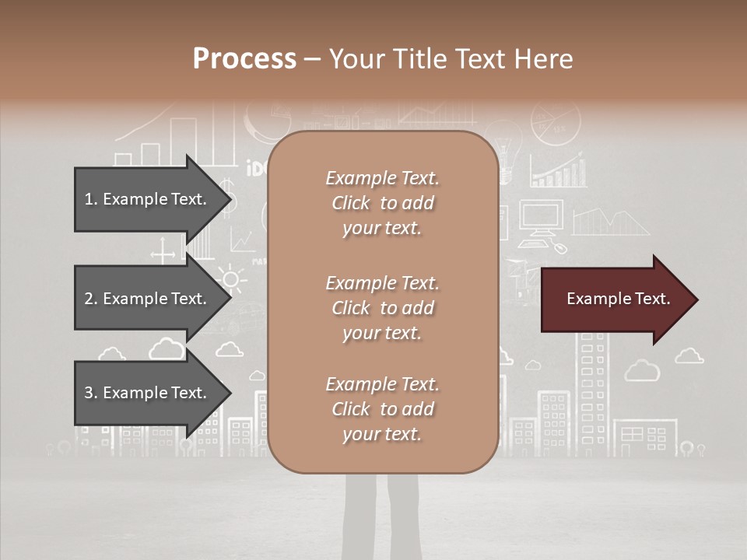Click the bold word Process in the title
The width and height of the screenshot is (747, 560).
point(244,59)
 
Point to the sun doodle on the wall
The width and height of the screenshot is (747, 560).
point(230,278)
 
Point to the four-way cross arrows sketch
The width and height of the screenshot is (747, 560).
point(163,252)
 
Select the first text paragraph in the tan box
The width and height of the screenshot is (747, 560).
point(382,203)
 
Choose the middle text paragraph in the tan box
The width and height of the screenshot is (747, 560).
point(382,308)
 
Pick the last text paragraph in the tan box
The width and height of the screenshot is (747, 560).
point(382,409)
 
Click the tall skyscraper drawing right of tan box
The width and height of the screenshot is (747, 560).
point(591,389)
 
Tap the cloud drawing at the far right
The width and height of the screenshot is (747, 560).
point(689,355)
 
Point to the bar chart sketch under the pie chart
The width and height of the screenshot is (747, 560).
point(558,170)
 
